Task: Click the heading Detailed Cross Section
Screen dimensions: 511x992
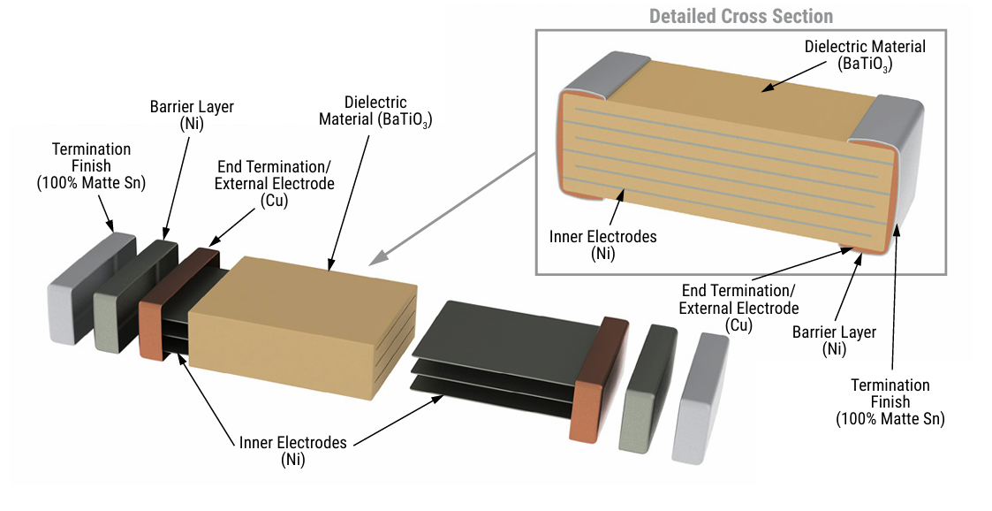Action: point(740,16)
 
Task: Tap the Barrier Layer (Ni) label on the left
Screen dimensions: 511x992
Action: point(191,115)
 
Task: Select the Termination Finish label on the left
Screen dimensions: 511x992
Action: point(91,165)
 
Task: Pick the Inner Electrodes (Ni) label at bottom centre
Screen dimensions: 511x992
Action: point(292,450)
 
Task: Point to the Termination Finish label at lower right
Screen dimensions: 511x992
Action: point(890,401)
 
